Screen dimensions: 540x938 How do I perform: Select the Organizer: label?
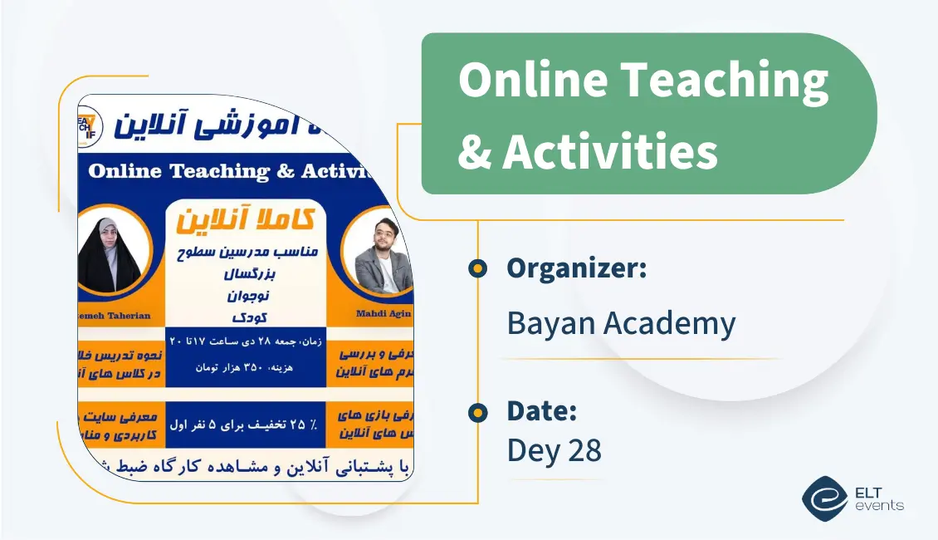[x=577, y=268]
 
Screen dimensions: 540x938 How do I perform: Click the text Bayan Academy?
[x=621, y=324]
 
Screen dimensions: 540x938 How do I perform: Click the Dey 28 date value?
[x=554, y=450]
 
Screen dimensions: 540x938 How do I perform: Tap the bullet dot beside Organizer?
[x=477, y=268]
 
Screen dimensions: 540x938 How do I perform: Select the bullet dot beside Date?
[x=477, y=412]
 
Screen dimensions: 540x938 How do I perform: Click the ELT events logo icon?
[x=824, y=498]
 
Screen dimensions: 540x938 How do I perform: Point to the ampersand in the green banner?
[x=475, y=152]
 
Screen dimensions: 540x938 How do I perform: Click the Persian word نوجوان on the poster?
[x=247, y=294]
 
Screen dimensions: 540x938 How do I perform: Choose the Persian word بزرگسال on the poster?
[x=247, y=272]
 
